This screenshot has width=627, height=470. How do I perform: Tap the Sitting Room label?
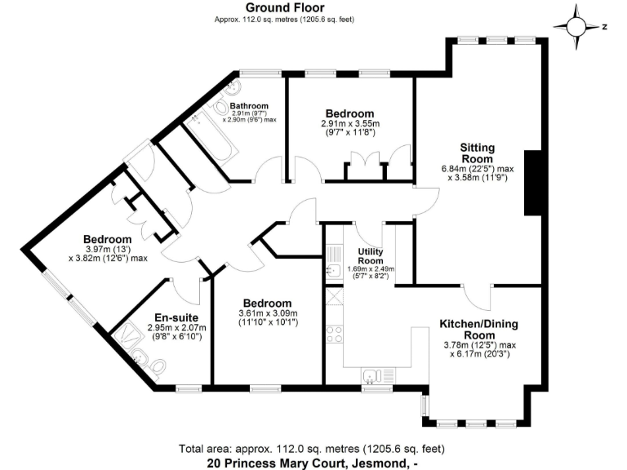coord(478,153)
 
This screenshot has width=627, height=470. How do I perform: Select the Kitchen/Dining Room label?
coord(479,329)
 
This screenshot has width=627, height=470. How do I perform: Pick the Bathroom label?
coord(249,106)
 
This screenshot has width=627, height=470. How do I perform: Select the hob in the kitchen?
coord(335,333)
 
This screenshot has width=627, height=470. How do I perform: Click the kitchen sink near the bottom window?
coord(371,376)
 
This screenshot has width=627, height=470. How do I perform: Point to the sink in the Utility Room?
coord(333,272)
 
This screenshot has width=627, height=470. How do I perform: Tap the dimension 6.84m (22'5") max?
coord(478,171)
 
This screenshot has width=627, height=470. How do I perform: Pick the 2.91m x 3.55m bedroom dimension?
coord(349,124)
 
